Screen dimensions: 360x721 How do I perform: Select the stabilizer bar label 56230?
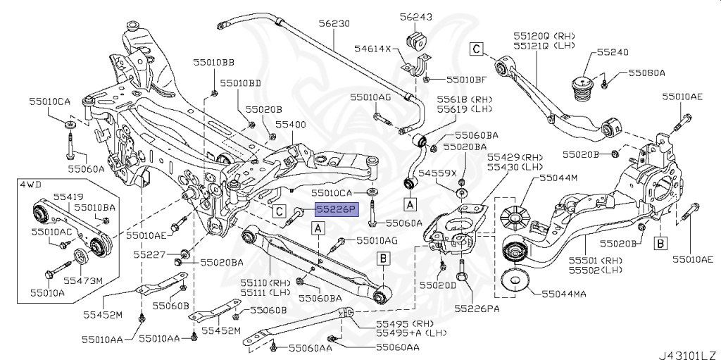(334, 23)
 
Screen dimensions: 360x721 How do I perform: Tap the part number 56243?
(416, 16)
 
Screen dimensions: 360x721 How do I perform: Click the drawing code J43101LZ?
(686, 352)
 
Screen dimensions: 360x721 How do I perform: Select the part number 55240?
(613, 52)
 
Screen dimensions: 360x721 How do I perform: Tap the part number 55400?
(290, 123)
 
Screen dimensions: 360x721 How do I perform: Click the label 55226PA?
(477, 308)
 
